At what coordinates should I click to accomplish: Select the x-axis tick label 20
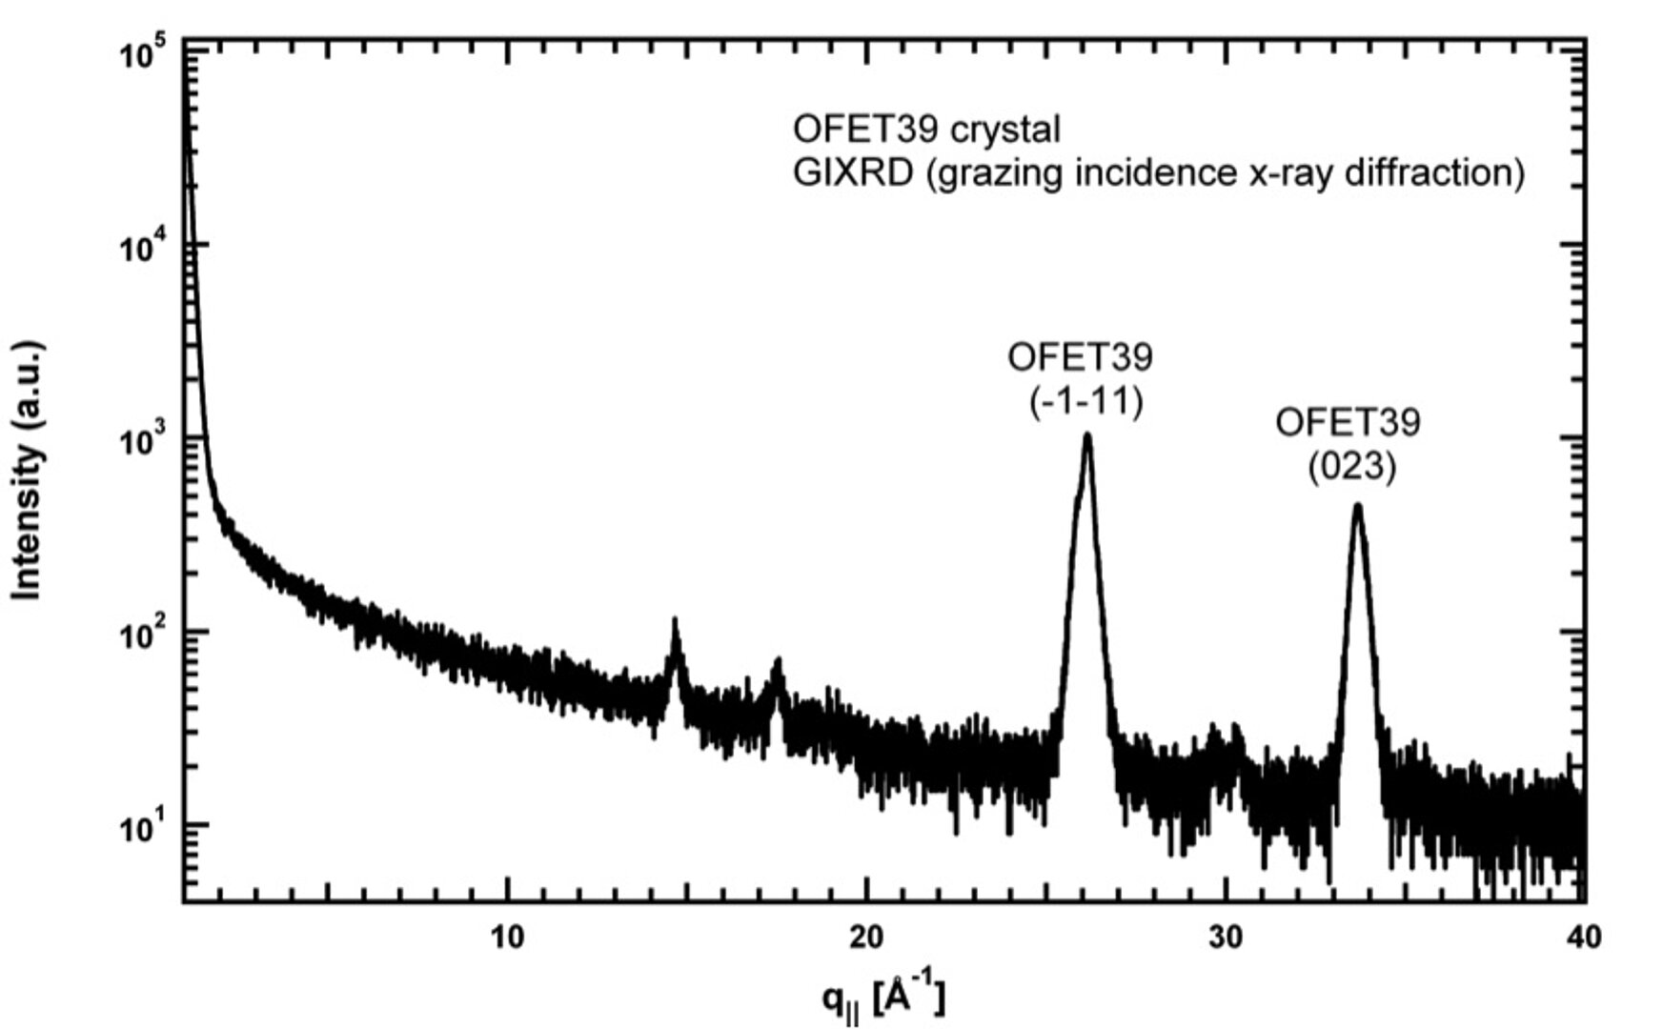click(x=866, y=938)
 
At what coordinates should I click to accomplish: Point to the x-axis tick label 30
click(x=1226, y=938)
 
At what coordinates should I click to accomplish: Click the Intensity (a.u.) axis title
click(x=29, y=471)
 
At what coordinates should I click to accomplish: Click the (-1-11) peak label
click(x=1085, y=402)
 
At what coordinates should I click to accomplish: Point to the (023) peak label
click(x=1350, y=467)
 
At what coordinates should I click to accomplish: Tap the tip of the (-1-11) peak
click(x=1086, y=436)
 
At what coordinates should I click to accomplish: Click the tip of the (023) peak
click(x=1357, y=507)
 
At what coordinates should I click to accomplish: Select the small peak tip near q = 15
click(x=676, y=621)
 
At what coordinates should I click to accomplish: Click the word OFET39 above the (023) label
click(x=1348, y=422)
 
